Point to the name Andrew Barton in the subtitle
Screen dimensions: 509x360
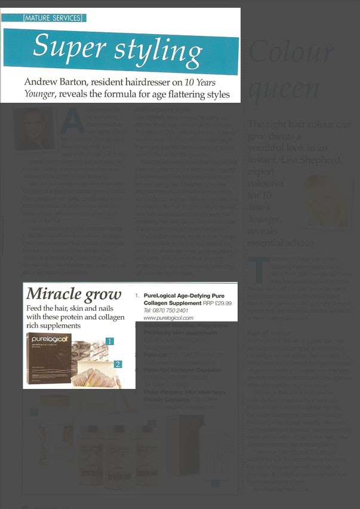pyautogui.click(x=59, y=82)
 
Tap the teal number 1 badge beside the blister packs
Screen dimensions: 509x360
pyautogui.click(x=109, y=341)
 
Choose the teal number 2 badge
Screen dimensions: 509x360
pyautogui.click(x=118, y=364)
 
